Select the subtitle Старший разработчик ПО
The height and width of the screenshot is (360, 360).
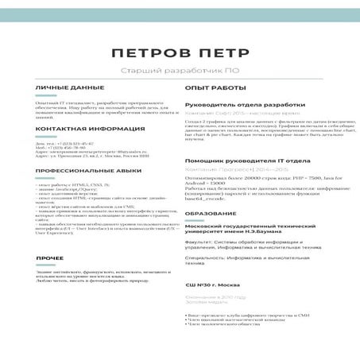(x=180, y=72)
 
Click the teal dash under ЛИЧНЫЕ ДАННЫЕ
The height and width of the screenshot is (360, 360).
(x=44, y=95)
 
